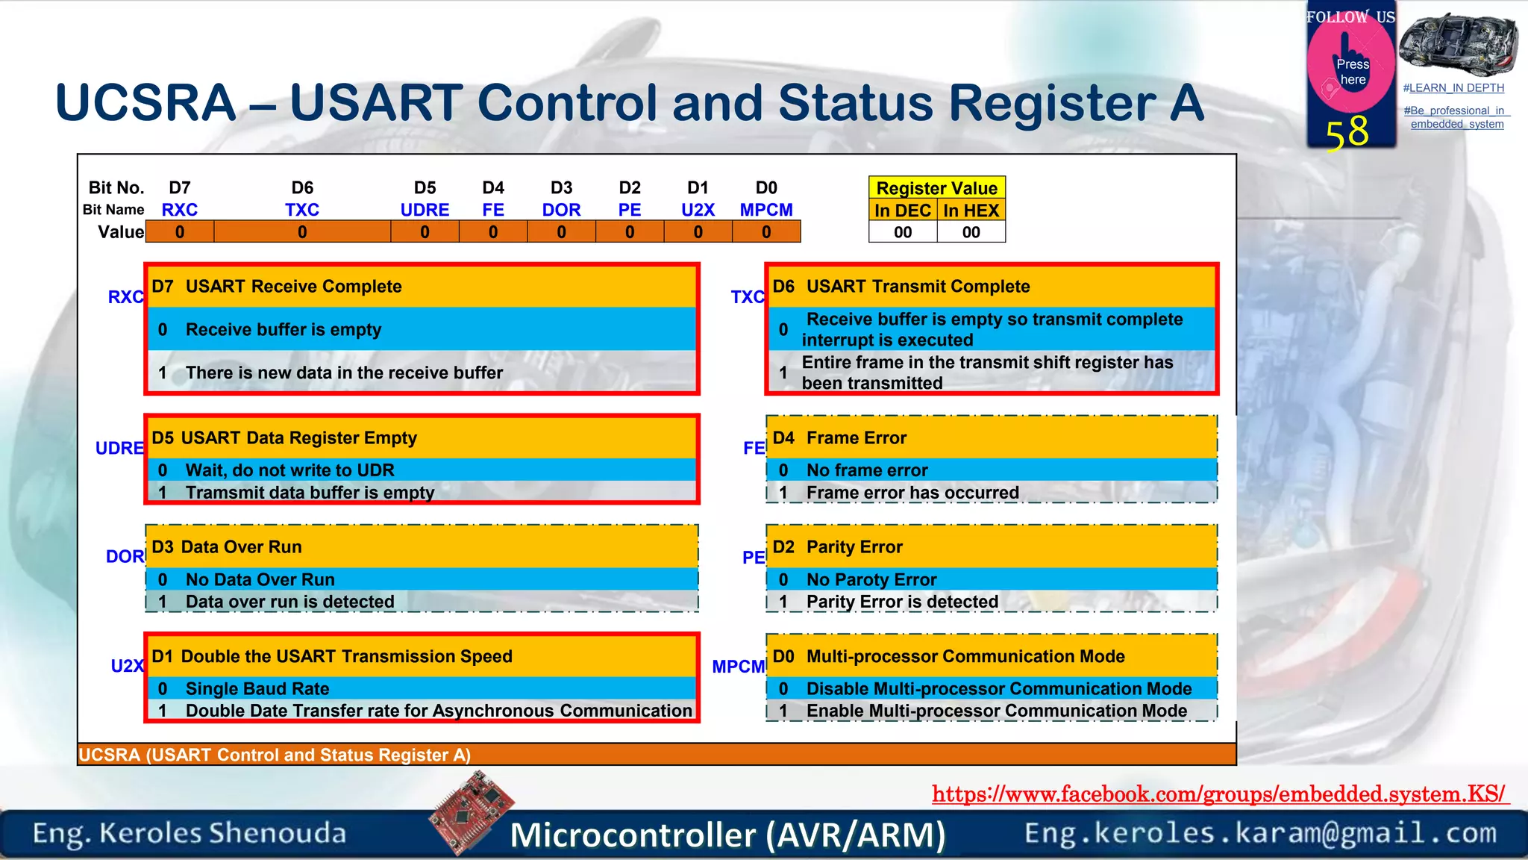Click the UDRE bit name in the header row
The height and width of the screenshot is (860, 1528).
pos(425,210)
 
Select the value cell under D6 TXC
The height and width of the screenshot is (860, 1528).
pos(302,232)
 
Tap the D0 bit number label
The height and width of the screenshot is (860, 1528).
pos(766,187)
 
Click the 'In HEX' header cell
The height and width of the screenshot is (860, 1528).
pos(971,211)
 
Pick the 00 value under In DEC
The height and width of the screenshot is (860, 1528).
pos(903,232)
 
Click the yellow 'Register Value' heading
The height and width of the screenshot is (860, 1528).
pos(936,188)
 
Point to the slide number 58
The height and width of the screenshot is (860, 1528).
pos(1347,133)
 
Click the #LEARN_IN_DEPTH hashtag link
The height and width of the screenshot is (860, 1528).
pos(1453,88)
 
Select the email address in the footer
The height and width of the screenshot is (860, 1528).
pos(1260,833)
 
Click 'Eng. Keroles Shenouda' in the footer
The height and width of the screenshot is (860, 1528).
pos(190,833)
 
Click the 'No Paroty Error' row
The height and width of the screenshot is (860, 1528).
pos(871,579)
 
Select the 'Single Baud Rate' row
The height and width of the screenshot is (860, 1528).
pos(257,688)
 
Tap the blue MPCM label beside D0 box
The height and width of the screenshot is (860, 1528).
pos(738,667)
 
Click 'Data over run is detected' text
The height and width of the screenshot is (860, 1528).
pos(289,602)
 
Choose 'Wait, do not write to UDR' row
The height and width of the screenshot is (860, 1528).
pos(289,470)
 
